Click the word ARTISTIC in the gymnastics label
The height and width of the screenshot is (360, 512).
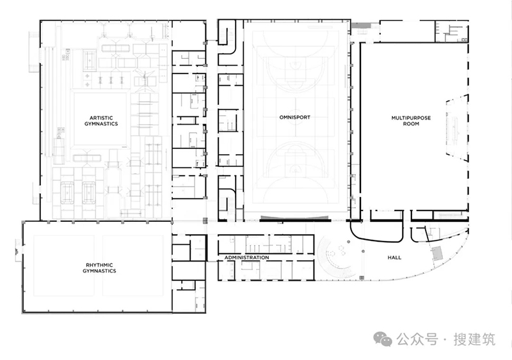coord(101,118)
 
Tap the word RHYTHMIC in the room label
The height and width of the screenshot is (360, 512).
coord(99,265)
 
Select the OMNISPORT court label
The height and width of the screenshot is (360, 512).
coord(295,117)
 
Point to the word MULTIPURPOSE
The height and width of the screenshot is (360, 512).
coord(411,118)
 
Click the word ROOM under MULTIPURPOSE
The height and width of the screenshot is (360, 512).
coord(411,123)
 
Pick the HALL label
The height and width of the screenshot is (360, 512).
coord(394,258)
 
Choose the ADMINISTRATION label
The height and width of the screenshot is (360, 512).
coord(247,258)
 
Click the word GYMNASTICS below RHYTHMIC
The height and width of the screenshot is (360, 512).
coord(99,271)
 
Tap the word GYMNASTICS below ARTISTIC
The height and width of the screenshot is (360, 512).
coord(101,123)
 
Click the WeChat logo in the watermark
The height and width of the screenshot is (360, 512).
coord(383,339)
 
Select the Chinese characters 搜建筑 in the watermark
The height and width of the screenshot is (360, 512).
coord(474,340)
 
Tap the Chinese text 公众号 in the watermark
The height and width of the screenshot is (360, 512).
coord(417,340)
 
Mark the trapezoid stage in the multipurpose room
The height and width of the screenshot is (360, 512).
coord(457,127)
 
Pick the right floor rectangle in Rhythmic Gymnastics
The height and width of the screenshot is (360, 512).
coord(133,265)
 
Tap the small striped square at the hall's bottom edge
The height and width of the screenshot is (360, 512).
coord(362,278)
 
